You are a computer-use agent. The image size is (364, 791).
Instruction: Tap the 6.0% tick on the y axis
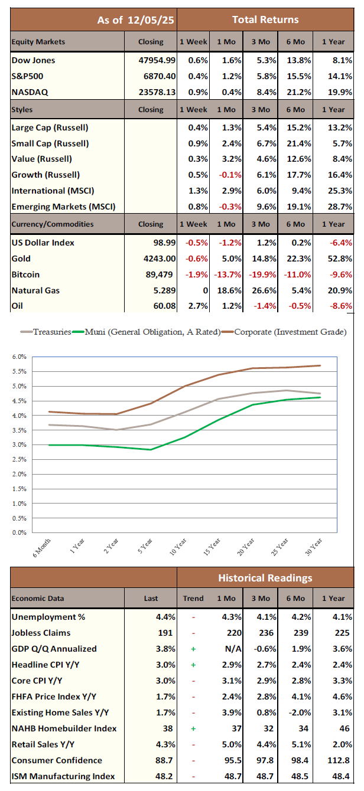(x=20, y=357)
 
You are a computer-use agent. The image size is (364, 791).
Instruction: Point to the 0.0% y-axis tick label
(x=20, y=532)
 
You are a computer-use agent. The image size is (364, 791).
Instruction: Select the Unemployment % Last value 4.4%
(x=165, y=617)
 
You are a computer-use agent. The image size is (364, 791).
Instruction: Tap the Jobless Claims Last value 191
(x=168, y=633)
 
